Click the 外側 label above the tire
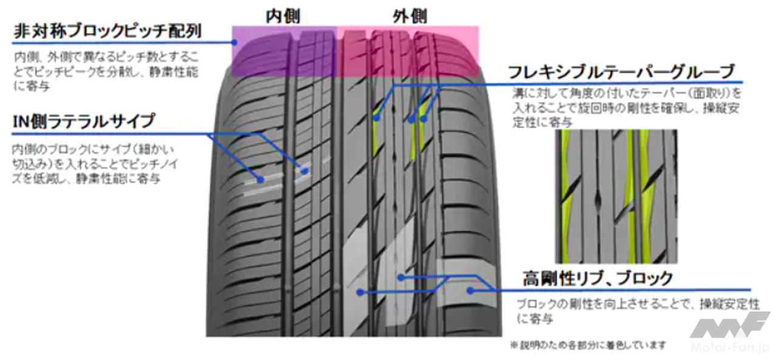click(x=410, y=16)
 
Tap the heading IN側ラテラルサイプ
click(x=83, y=121)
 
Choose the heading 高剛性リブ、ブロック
click(x=598, y=278)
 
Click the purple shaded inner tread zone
click(x=284, y=52)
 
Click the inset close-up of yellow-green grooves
click(x=616, y=195)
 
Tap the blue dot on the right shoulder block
click(x=469, y=291)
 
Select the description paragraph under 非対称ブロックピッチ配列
click(x=106, y=72)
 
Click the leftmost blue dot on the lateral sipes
click(x=260, y=180)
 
